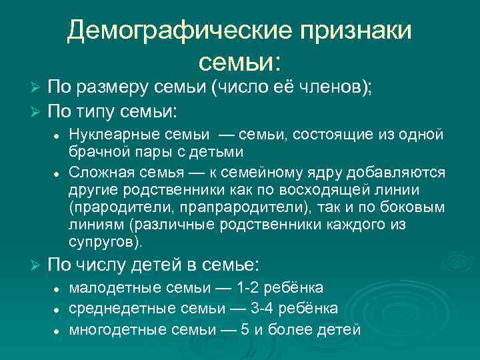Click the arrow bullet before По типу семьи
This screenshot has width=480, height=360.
[x=37, y=109]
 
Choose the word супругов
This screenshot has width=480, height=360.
[x=104, y=240]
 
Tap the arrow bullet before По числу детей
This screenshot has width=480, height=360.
[x=37, y=265]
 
